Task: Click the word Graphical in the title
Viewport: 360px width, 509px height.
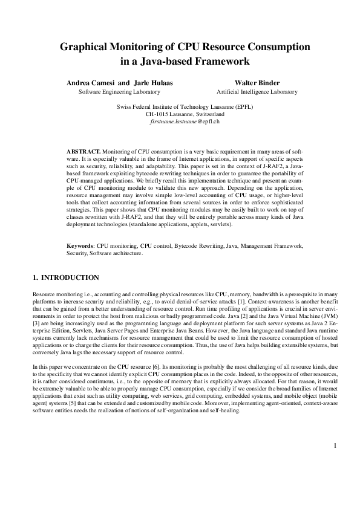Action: (x=88, y=47)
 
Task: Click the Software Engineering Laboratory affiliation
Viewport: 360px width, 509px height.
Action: (x=120, y=92)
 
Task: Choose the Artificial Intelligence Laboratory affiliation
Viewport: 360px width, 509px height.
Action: (x=257, y=92)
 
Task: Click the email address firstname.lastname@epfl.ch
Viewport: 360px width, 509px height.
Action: (x=180, y=121)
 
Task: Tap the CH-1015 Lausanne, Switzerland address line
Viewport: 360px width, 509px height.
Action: (x=180, y=114)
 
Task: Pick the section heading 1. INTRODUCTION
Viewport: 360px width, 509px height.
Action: (x=65, y=277)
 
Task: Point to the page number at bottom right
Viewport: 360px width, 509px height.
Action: (x=335, y=446)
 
